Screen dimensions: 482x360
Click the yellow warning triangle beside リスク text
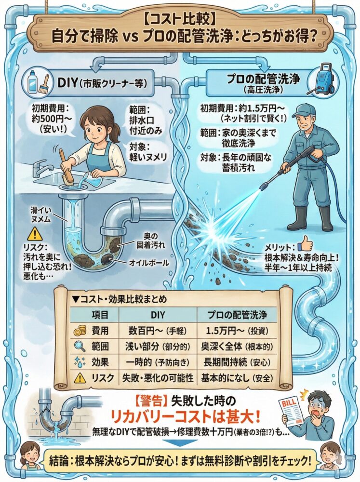[x=34, y=234]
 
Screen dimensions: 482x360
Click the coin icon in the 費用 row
[x=79, y=331]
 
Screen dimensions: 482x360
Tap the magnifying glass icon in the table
[x=79, y=347]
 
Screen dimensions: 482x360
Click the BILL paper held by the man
[x=293, y=410]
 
